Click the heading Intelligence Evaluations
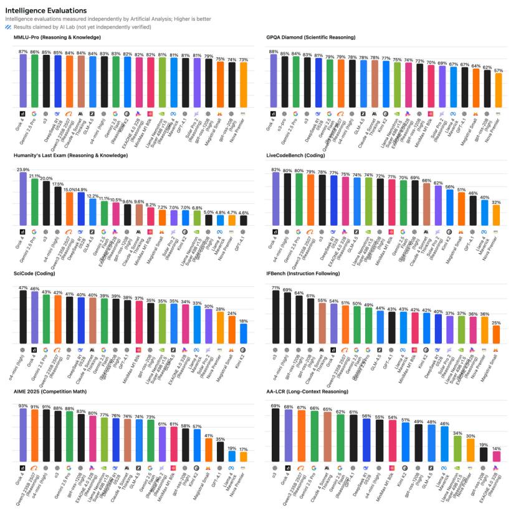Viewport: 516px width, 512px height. coord(46,11)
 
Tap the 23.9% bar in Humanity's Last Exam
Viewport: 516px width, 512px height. coord(23,198)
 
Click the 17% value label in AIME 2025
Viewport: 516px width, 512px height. coord(243,448)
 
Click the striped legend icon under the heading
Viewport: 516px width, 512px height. coord(8,27)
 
